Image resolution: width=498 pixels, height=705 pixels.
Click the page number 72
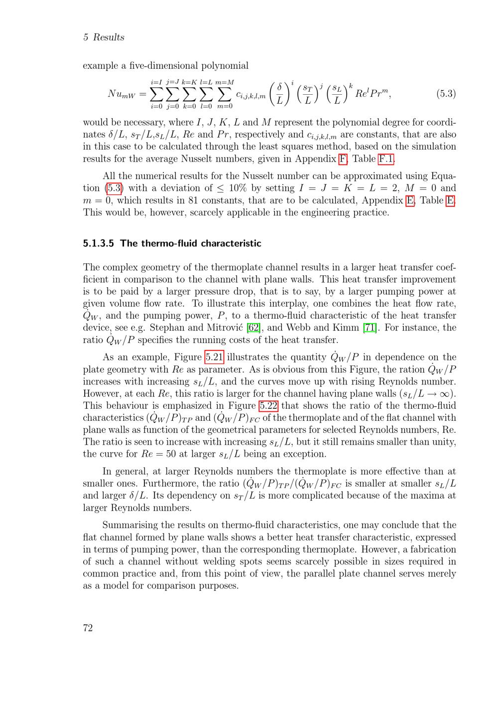tap(88, 628)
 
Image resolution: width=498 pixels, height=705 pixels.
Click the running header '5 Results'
tap(104, 37)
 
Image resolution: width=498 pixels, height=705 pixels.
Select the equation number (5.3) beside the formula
tap(446, 94)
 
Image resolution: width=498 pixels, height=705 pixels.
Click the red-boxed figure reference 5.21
tap(214, 357)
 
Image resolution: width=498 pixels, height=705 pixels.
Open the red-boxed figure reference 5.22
tap(268, 405)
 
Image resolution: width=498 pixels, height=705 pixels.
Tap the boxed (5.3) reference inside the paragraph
tap(114, 188)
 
